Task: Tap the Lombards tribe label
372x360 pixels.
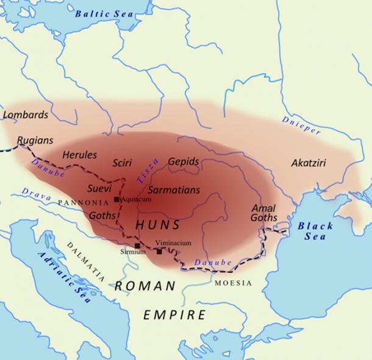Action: tap(26, 114)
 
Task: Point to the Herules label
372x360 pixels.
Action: tap(79, 155)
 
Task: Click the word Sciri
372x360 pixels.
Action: tap(122, 163)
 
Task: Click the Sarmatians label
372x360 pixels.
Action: tap(174, 190)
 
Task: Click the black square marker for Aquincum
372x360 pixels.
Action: tap(116, 199)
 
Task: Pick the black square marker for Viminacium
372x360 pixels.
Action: tap(159, 251)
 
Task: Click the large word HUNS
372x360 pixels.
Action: tap(158, 225)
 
